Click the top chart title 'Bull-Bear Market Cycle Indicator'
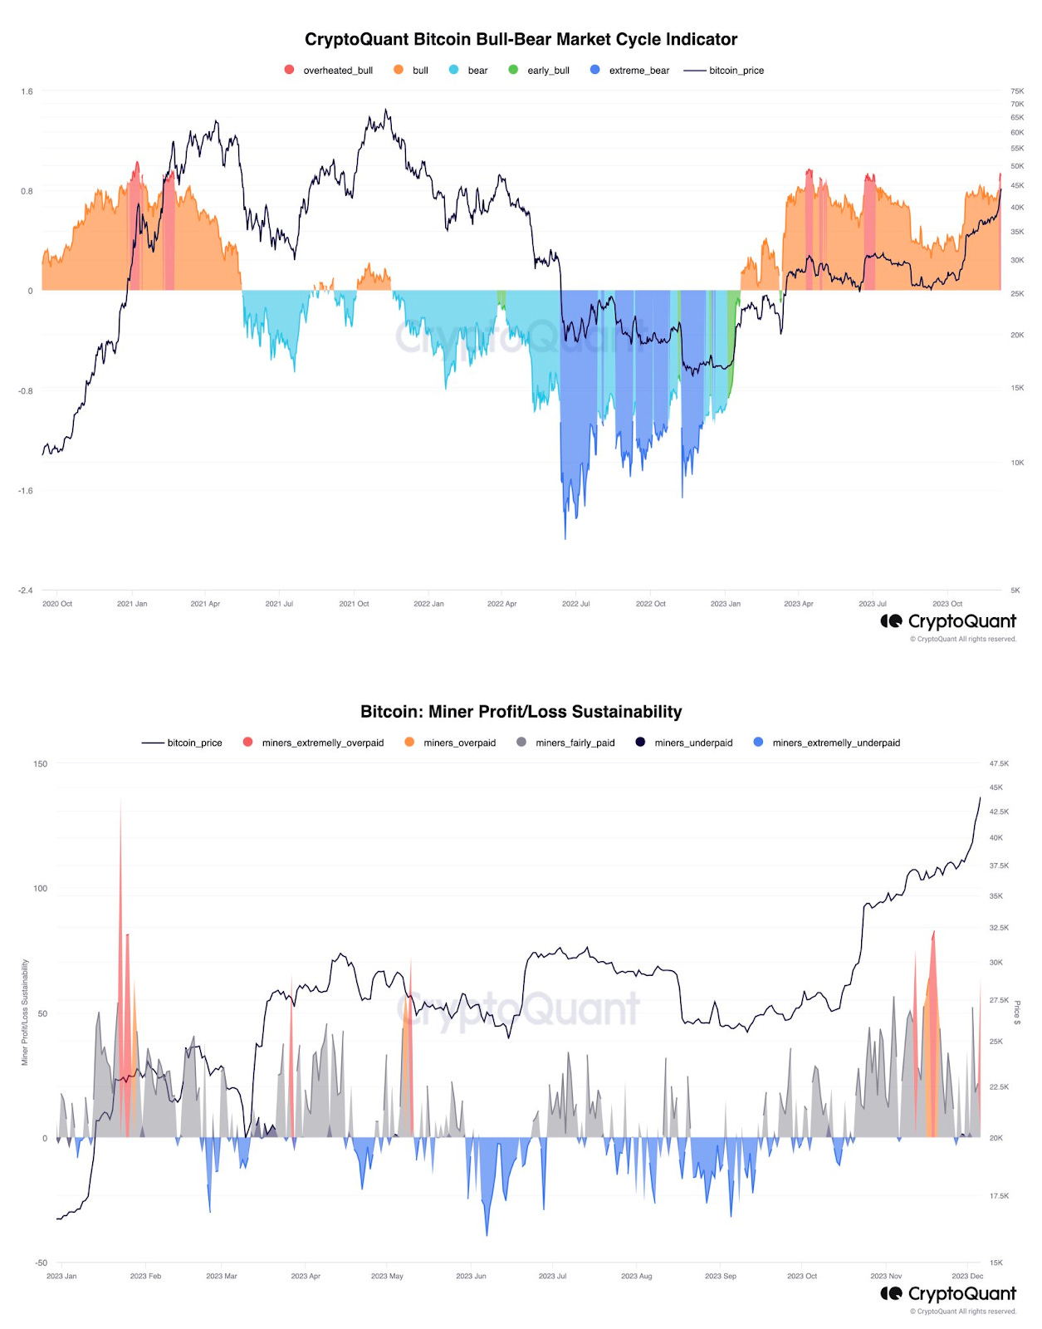click(x=521, y=39)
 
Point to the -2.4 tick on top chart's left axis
click(x=26, y=591)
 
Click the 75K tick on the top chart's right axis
click(x=1017, y=91)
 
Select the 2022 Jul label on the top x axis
click(x=575, y=604)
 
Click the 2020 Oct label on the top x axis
click(x=57, y=604)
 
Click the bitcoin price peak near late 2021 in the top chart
click(x=385, y=110)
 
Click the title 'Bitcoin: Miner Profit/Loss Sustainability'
click(x=521, y=712)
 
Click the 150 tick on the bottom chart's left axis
click(x=41, y=763)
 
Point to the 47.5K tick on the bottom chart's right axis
click(x=999, y=763)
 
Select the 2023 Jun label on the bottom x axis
click(x=471, y=1276)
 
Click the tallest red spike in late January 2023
click(x=120, y=804)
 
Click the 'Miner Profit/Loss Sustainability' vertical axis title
click(x=25, y=1012)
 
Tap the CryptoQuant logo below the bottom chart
click(x=948, y=1293)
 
